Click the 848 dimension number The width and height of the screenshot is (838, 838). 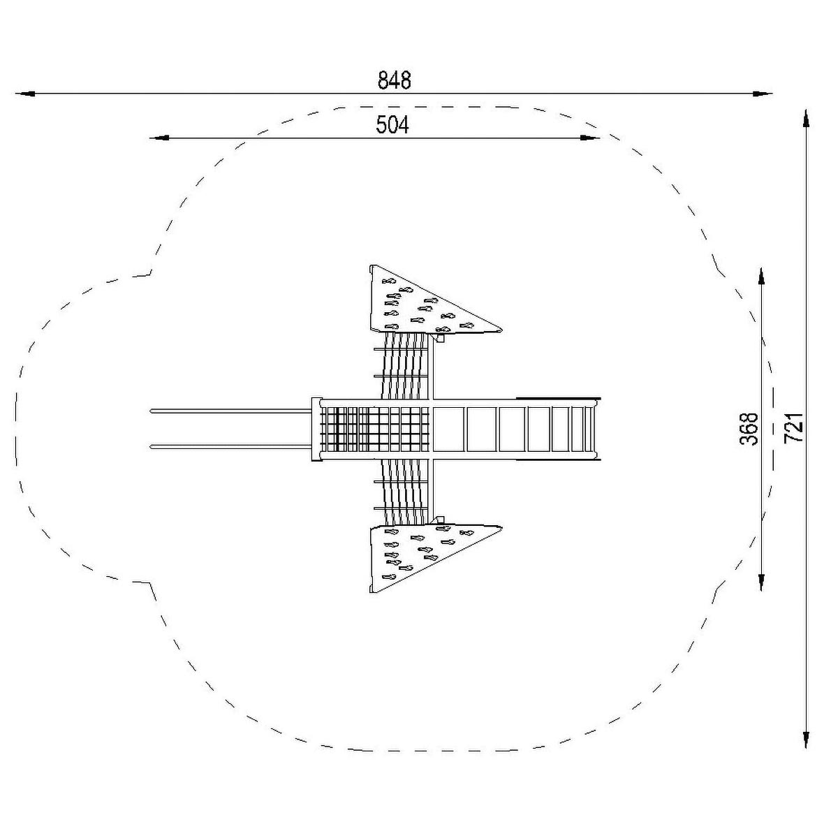click(394, 80)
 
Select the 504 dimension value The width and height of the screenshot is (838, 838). click(392, 125)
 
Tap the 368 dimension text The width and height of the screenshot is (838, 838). click(749, 429)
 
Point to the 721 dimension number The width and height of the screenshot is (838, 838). click(793, 427)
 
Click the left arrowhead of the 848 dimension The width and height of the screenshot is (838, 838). click(25, 94)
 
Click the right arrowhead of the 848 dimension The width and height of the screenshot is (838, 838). click(763, 94)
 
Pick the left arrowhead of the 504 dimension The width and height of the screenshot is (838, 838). click(159, 138)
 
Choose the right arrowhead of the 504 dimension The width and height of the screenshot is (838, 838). click(590, 138)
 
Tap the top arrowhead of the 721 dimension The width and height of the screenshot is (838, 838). click(806, 118)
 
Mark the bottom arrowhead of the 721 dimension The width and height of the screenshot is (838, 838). click(806, 738)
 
